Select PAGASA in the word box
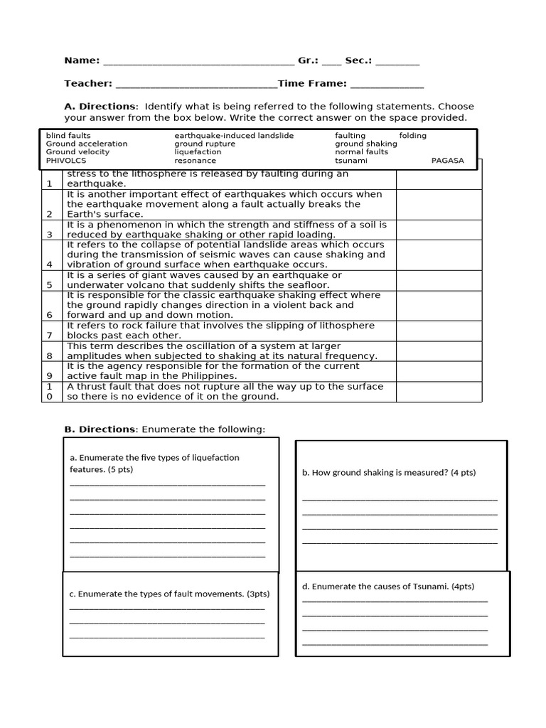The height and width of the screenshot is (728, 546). click(447, 161)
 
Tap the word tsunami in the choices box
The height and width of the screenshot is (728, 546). click(351, 161)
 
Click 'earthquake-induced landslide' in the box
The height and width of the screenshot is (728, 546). click(234, 135)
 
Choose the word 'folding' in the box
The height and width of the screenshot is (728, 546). click(413, 135)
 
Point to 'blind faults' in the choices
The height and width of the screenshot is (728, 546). click(68, 135)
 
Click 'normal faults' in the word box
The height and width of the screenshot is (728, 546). click(362, 152)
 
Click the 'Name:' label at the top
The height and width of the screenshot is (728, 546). click(82, 61)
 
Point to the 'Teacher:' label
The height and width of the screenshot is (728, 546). click(88, 84)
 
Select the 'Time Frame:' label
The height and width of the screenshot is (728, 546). click(312, 84)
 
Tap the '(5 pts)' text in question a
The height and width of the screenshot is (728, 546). click(121, 470)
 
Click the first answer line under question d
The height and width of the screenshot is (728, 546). click(395, 601)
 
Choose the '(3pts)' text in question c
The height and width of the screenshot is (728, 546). click(258, 594)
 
